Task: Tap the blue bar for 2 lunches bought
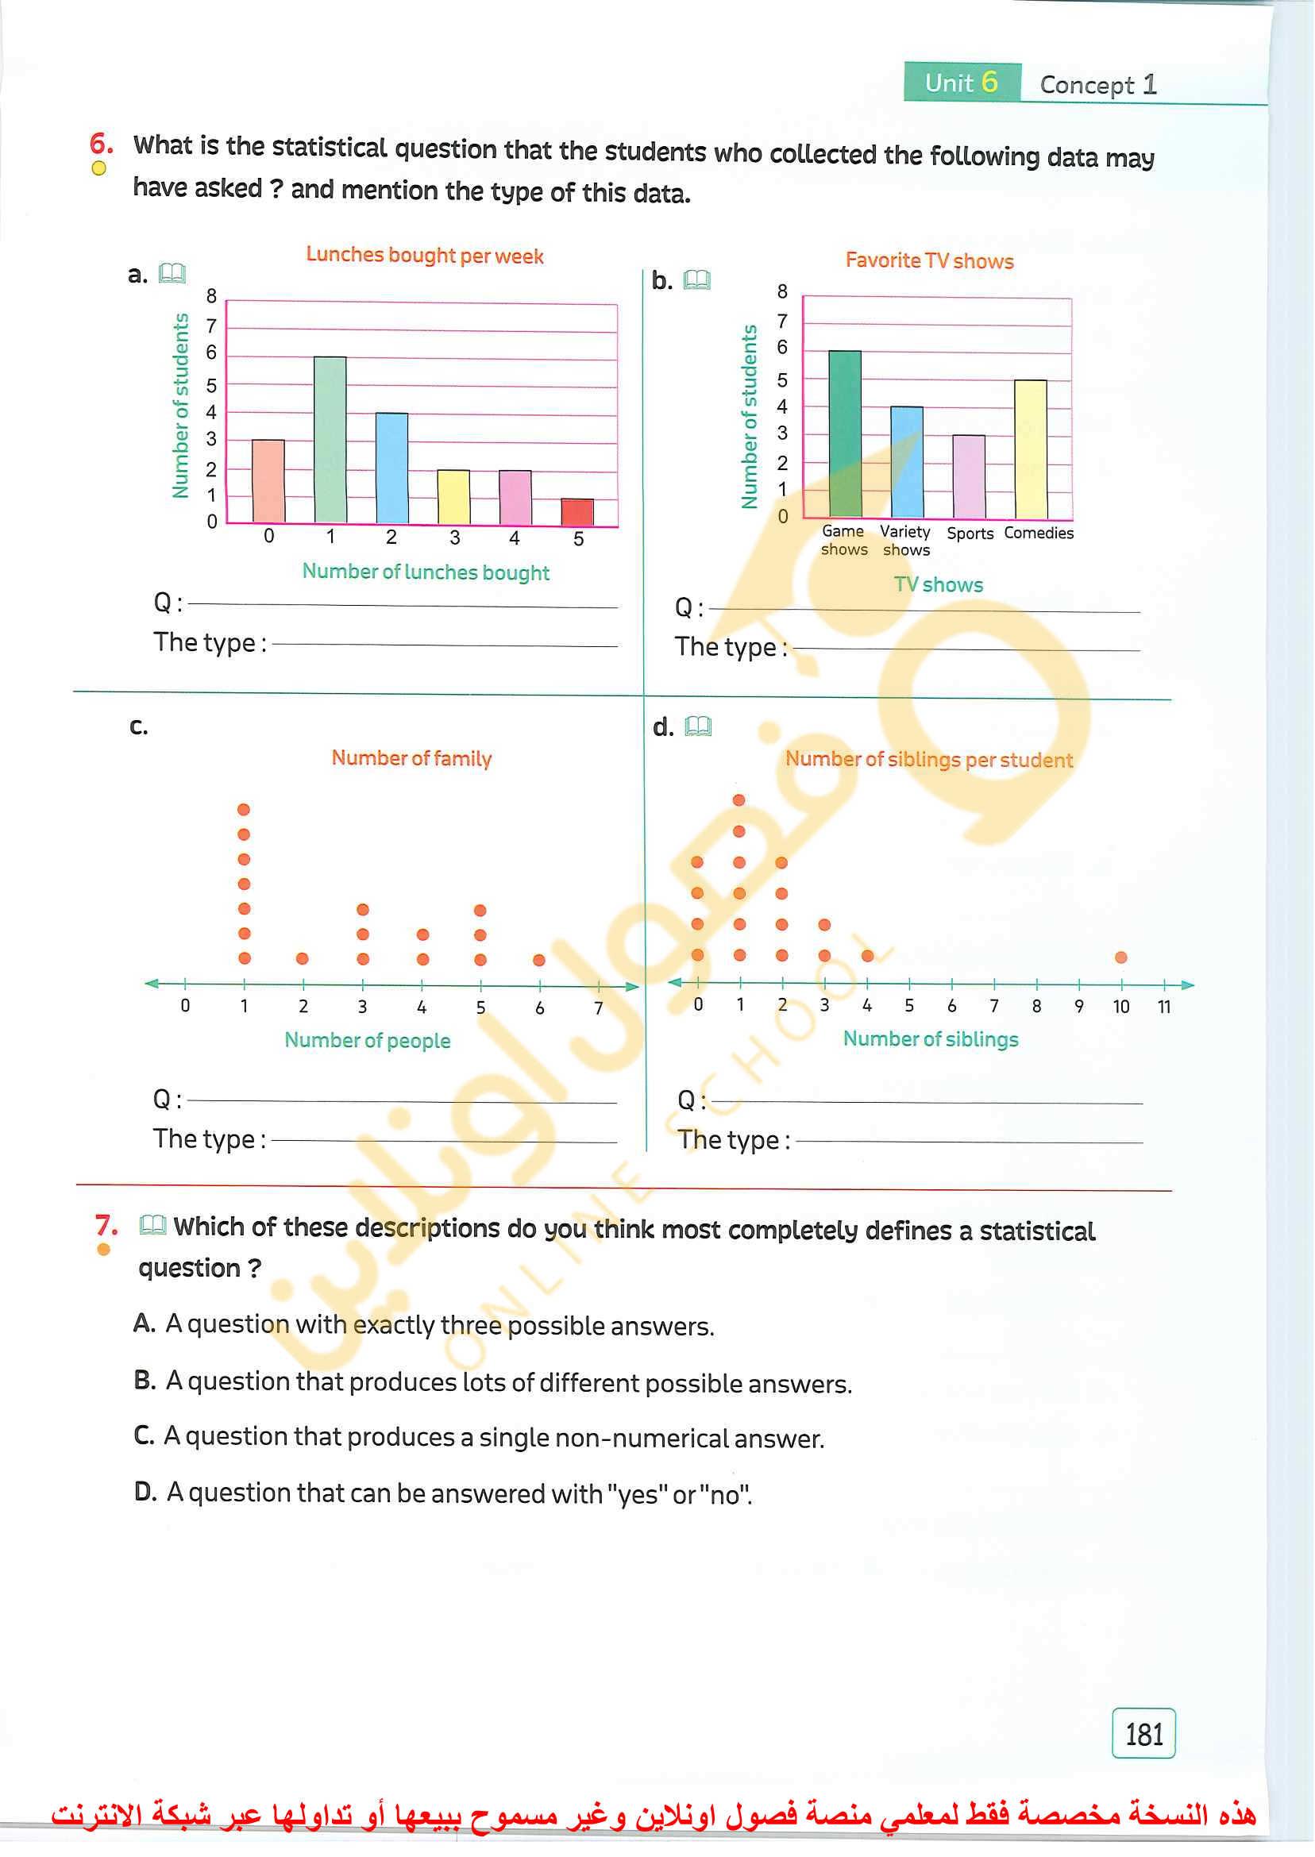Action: click(x=392, y=467)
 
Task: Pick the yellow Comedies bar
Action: click(x=1031, y=449)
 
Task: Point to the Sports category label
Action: click(x=970, y=534)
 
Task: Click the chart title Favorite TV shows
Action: click(x=929, y=260)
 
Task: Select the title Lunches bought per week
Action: click(x=424, y=256)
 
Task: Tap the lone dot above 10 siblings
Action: click(x=1120, y=957)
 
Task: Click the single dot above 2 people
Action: click(x=302, y=958)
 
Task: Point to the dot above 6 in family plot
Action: click(x=539, y=960)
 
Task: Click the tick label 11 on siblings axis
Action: click(x=1163, y=1006)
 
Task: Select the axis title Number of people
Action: click(x=367, y=1040)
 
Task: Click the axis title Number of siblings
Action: click(x=931, y=1038)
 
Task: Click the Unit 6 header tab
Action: click(x=961, y=83)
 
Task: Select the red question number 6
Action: click(x=100, y=144)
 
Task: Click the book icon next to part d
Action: click(x=698, y=726)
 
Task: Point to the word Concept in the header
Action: click(x=1086, y=85)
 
